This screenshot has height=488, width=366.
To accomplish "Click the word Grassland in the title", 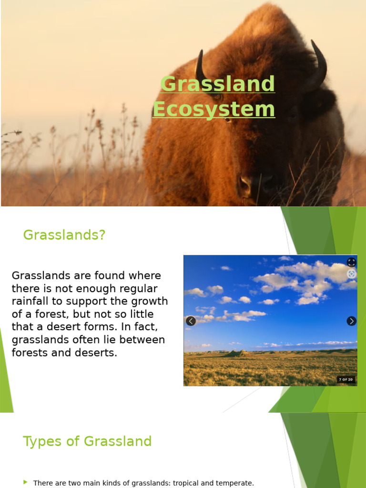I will click(218, 84).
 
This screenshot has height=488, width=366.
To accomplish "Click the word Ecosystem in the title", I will click(213, 109).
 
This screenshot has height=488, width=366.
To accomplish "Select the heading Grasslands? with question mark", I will click(64, 235).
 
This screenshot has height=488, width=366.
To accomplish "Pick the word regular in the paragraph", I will click(134, 288).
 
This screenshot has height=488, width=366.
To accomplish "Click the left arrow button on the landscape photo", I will click(191, 321).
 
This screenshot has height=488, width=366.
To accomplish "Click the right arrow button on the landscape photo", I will click(351, 321).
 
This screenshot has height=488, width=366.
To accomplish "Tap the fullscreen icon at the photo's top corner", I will click(351, 262).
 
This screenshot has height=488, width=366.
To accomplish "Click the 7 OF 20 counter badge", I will click(346, 379).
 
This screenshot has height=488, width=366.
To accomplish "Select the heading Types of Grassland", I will click(87, 441).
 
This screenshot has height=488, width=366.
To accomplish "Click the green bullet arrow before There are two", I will click(26, 482).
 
